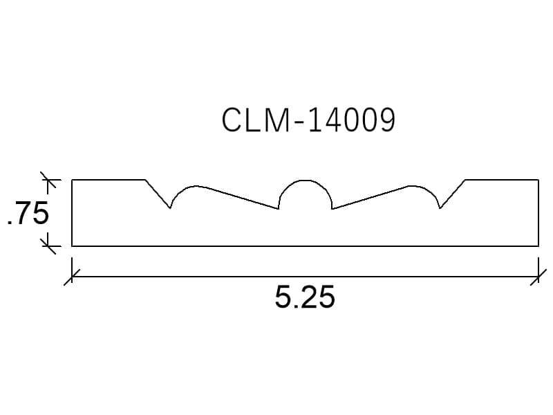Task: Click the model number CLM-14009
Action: (x=308, y=120)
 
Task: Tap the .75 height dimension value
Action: (x=28, y=213)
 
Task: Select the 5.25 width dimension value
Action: (x=305, y=297)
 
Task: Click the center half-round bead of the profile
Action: (x=306, y=181)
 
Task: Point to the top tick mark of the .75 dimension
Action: (x=48, y=180)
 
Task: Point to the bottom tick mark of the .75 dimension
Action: (x=48, y=246)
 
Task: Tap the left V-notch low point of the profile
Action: (x=170, y=208)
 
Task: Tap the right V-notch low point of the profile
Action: (x=440, y=208)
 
